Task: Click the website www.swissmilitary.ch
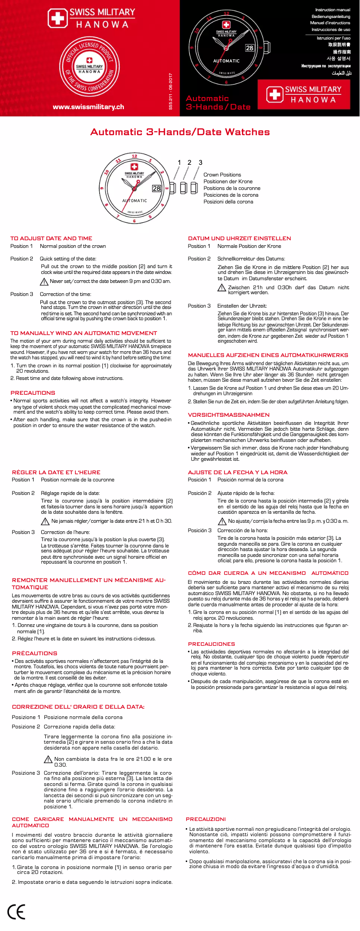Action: click(x=88, y=107)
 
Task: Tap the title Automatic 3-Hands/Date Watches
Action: click(x=180, y=132)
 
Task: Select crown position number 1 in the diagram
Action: click(x=179, y=163)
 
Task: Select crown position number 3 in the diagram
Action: click(x=200, y=163)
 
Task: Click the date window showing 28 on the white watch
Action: click(x=156, y=189)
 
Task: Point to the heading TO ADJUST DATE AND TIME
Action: click(x=51, y=238)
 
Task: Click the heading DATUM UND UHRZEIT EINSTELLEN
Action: click(x=239, y=238)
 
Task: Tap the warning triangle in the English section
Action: click(x=44, y=282)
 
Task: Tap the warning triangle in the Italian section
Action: click(x=48, y=759)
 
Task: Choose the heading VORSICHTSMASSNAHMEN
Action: click(x=228, y=415)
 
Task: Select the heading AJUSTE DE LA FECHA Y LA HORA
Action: click(x=237, y=472)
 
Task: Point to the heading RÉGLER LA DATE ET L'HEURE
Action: click(x=56, y=472)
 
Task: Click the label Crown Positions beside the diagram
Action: click(x=222, y=175)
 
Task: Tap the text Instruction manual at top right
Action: click(x=333, y=10)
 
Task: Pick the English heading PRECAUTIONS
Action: click(x=33, y=393)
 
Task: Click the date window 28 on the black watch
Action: click(x=250, y=48)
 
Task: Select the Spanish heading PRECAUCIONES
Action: click(x=211, y=644)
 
